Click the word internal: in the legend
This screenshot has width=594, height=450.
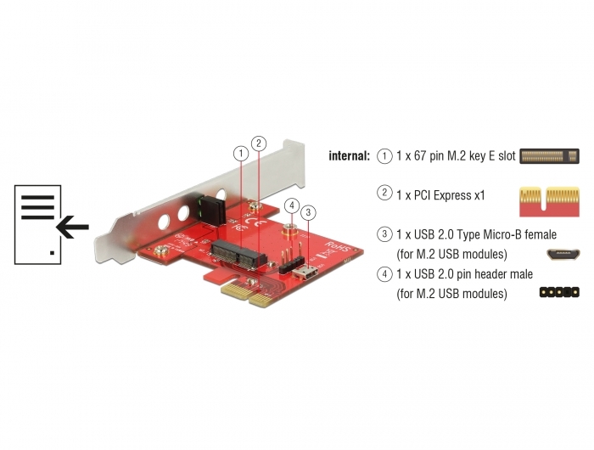349,156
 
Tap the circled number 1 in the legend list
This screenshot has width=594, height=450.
384,156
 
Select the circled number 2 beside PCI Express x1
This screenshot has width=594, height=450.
384,193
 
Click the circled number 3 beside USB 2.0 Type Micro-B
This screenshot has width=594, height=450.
384,233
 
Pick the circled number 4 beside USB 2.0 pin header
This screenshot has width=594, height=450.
384,273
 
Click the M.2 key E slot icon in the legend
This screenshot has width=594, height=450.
549,156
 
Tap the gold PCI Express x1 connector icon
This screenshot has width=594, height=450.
549,201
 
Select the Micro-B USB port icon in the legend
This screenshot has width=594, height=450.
563,255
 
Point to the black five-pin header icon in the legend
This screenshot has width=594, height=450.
559,292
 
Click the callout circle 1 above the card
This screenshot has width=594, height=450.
241,154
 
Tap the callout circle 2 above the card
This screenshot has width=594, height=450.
259,143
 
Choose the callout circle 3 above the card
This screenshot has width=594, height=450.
308,212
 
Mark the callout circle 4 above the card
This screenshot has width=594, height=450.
292,205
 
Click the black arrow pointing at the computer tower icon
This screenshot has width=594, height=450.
72,227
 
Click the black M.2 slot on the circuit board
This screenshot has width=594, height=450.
238,254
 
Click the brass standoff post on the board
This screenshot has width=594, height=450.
291,231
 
